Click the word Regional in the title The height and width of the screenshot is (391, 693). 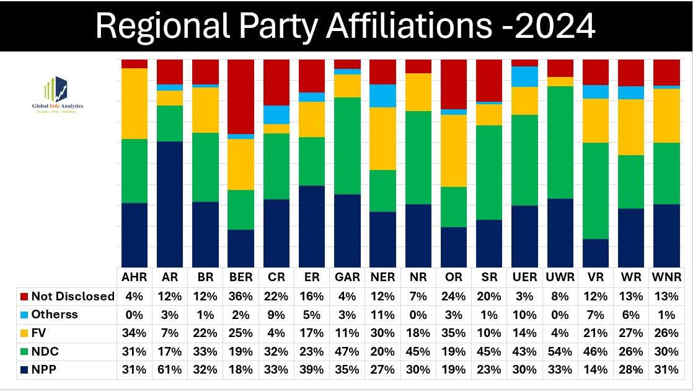162,26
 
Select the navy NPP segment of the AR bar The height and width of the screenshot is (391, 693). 170,204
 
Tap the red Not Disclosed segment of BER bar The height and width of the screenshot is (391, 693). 241,96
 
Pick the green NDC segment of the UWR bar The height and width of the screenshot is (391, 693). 560,142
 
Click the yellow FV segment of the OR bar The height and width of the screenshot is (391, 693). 454,151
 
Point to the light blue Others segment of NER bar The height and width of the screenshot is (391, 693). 382,96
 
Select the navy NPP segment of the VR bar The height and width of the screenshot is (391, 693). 596,253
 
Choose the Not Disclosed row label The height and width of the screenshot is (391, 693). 73,296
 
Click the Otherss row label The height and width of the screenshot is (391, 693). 55,314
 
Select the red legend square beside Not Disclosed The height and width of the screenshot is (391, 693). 24,297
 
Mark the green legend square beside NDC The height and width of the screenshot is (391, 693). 24,351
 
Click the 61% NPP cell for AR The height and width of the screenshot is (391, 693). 170,369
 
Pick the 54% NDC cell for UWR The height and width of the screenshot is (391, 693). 560,351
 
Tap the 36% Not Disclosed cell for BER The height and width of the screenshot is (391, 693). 241,296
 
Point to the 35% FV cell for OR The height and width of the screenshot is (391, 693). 454,333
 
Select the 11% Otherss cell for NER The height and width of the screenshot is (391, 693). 382,314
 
